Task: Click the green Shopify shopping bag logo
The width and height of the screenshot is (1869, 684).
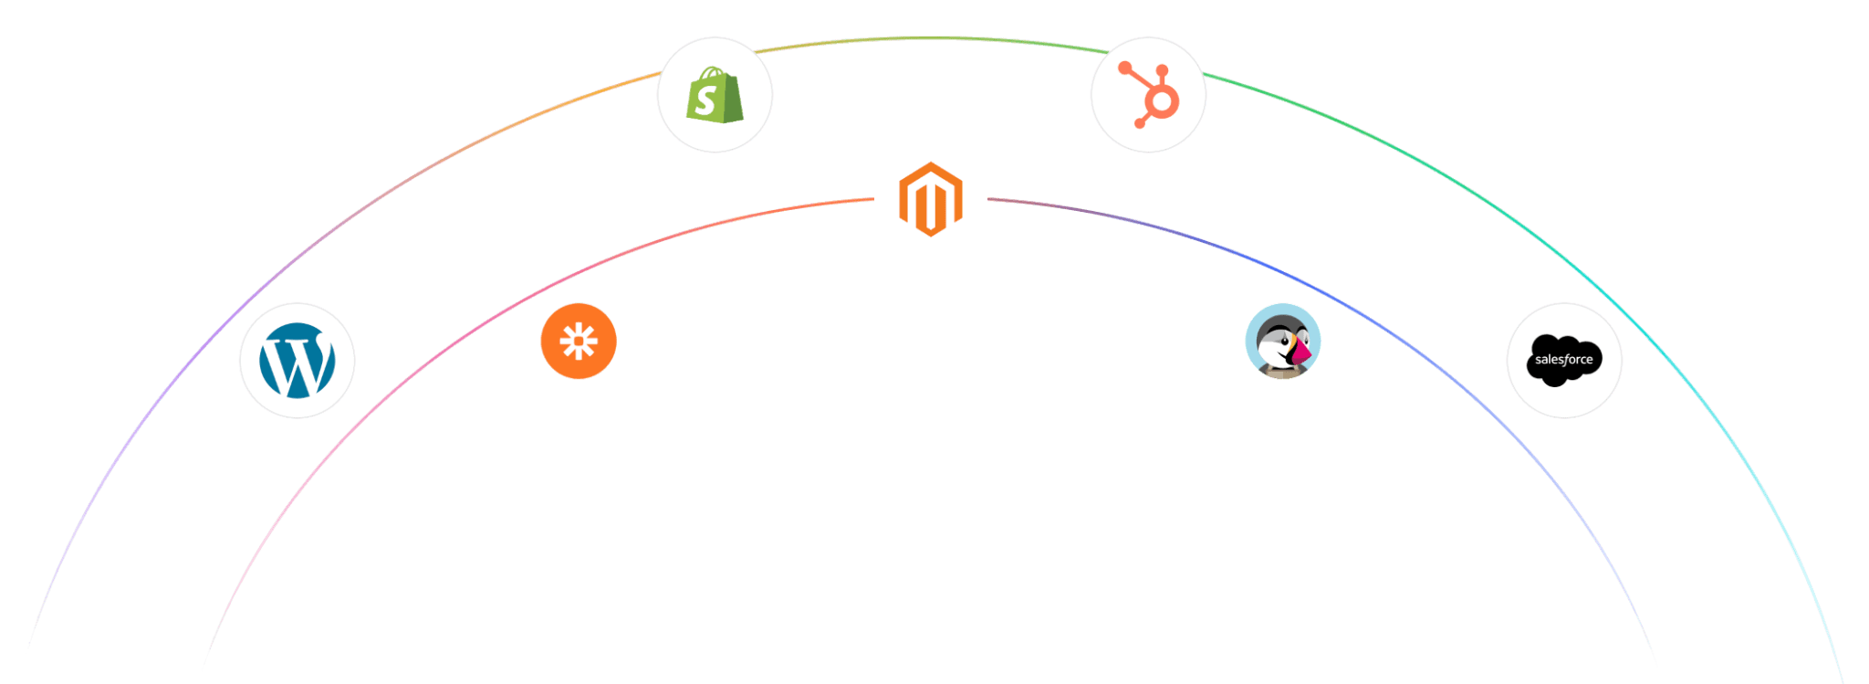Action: pyautogui.click(x=715, y=95)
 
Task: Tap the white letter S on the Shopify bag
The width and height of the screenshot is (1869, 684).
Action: pyautogui.click(x=705, y=100)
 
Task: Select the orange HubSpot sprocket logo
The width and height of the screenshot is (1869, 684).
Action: pyautogui.click(x=1148, y=95)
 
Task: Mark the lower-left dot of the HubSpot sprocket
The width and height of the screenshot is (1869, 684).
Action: pyautogui.click(x=1139, y=121)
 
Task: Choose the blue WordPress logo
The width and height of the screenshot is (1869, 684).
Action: pyautogui.click(x=297, y=361)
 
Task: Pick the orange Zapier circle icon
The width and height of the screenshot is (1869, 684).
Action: pyautogui.click(x=579, y=342)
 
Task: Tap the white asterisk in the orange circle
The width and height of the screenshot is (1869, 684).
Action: pyautogui.click(x=579, y=342)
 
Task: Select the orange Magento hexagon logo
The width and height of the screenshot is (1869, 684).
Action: pyautogui.click(x=930, y=199)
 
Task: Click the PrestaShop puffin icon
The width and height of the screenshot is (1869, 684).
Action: pyautogui.click(x=1283, y=342)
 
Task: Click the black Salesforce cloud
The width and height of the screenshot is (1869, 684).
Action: pyautogui.click(x=1564, y=360)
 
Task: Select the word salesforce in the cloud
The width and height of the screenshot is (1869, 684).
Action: pyautogui.click(x=1564, y=360)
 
